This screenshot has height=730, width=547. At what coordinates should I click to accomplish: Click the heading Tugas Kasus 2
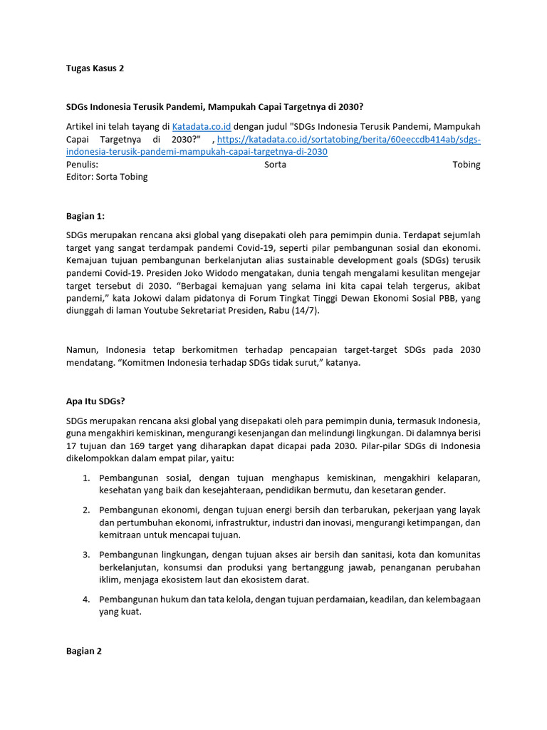pyautogui.click(x=95, y=68)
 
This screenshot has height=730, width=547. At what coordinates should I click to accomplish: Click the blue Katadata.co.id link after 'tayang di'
pyautogui.click(x=202, y=126)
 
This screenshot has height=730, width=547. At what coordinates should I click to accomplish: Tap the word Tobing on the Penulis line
pyautogui.click(x=467, y=164)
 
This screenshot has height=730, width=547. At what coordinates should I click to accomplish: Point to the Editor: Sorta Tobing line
pyautogui.click(x=107, y=177)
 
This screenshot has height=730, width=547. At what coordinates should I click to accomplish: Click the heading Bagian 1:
pyautogui.click(x=85, y=216)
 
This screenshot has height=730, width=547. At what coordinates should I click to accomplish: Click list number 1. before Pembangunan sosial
pyautogui.click(x=85, y=478)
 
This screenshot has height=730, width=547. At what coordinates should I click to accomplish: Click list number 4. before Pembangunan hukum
pyautogui.click(x=85, y=599)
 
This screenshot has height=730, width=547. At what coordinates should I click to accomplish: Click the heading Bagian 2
pyautogui.click(x=84, y=651)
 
